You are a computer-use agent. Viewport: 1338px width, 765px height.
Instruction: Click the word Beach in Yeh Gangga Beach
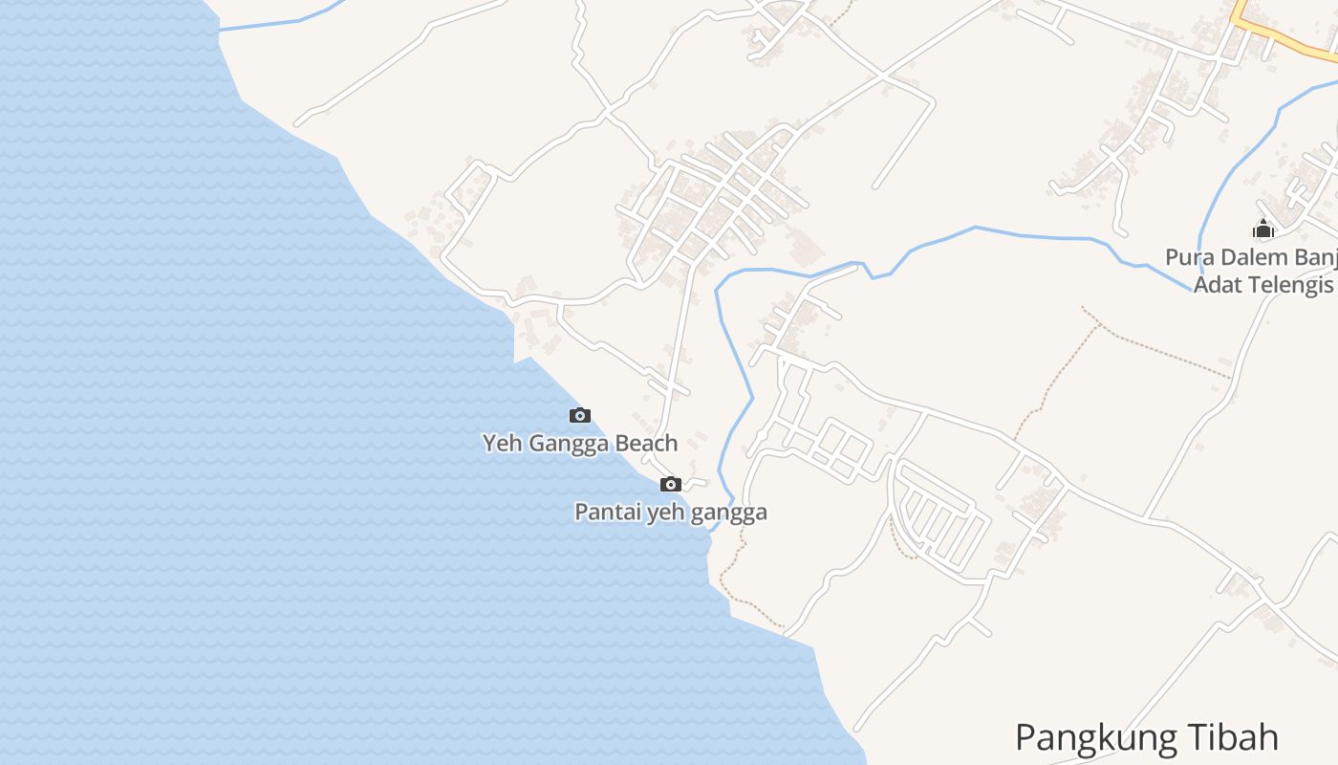coord(646,444)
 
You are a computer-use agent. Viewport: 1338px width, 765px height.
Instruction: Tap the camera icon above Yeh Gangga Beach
coord(579,415)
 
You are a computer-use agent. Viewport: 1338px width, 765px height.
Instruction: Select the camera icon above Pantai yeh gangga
coord(671,484)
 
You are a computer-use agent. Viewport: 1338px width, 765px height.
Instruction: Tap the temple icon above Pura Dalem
coord(1263,229)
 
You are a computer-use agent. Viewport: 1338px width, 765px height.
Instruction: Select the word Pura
coord(1186,257)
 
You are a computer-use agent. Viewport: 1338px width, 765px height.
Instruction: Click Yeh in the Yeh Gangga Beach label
coord(502,444)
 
